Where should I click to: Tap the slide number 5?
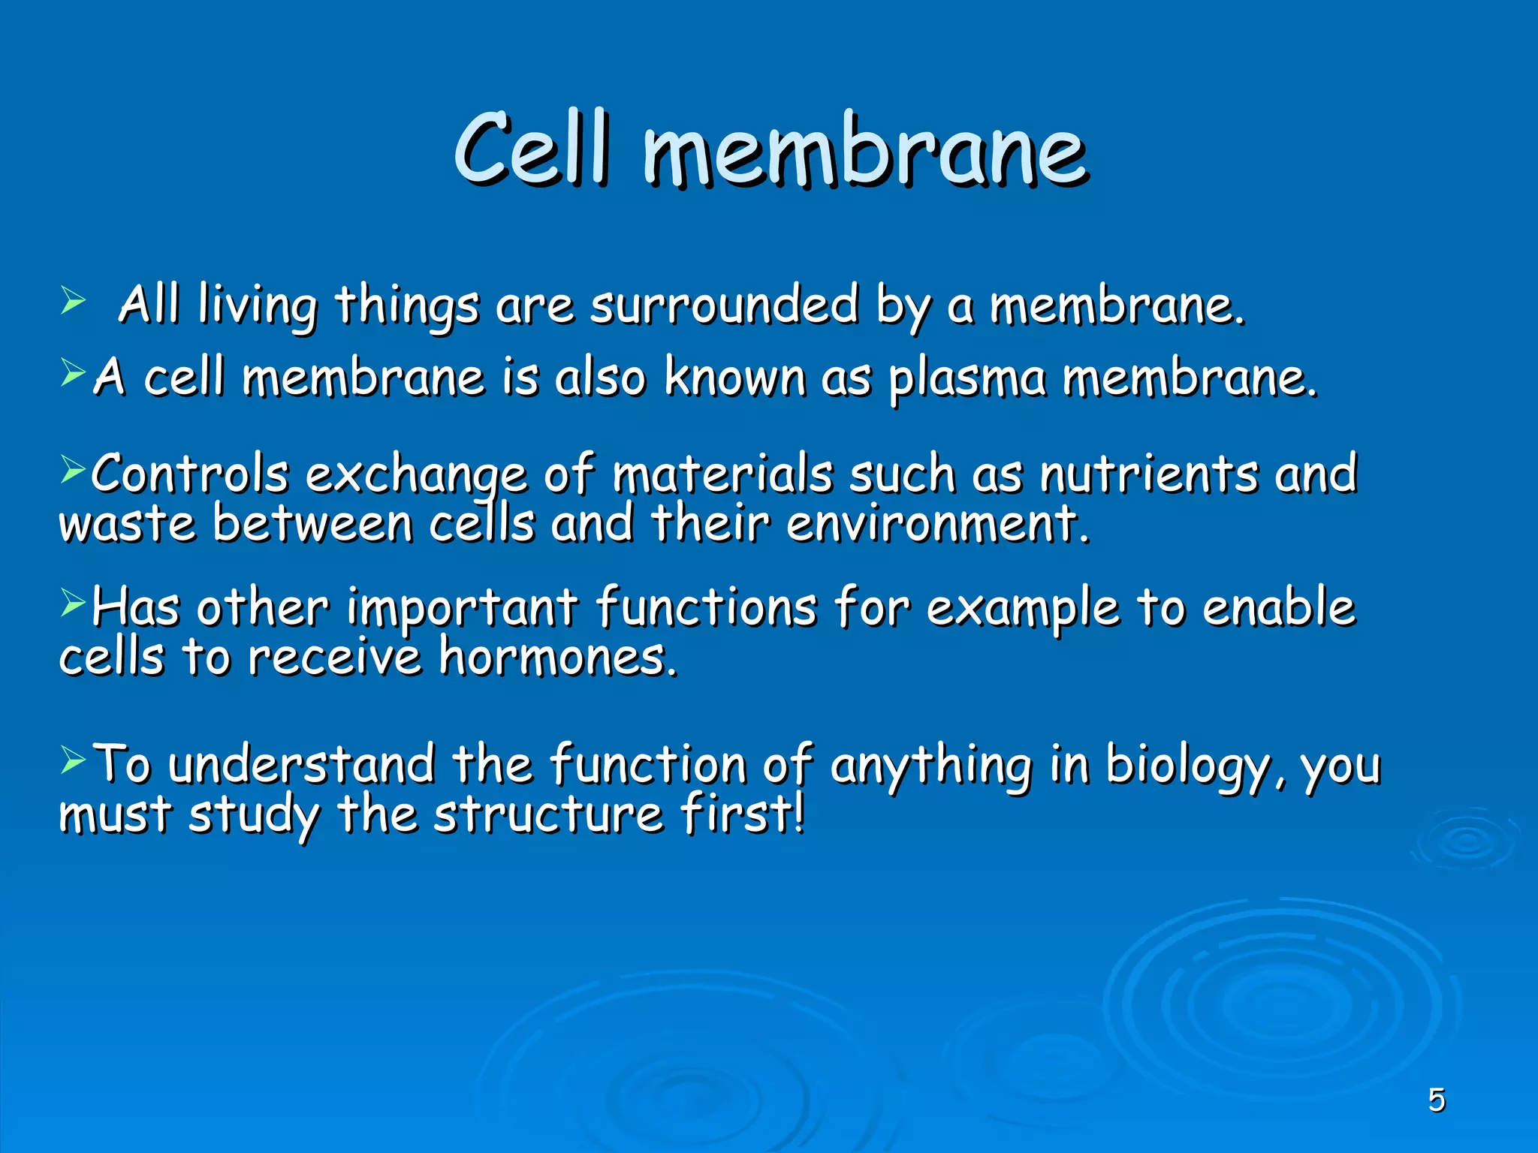1436,1100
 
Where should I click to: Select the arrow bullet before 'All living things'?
74,302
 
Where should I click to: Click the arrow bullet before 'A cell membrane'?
74,372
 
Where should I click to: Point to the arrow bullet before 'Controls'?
74,471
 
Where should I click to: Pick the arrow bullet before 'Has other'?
74,602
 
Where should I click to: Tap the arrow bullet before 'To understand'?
74,760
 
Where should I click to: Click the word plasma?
967,379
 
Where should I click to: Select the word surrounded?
723,306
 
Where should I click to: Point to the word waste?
128,524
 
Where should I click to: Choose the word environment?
937,524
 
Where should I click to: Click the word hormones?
558,658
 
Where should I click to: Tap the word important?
461,608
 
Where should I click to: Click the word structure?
548,815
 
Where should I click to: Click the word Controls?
190,474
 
